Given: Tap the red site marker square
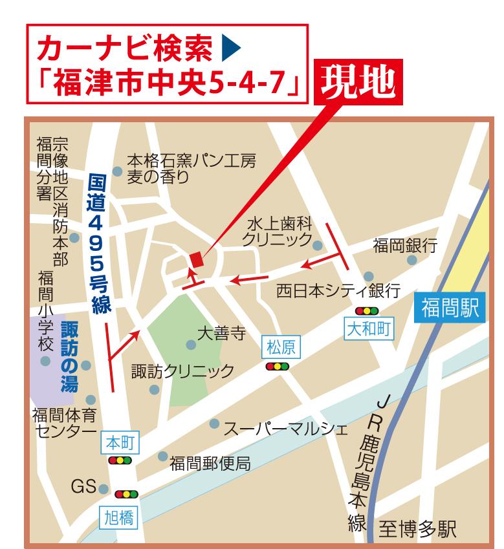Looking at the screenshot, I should tap(195, 259).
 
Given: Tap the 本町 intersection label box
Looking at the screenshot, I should tap(120, 444).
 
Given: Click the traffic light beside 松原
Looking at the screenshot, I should tap(277, 367).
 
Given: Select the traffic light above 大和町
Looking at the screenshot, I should tap(367, 311).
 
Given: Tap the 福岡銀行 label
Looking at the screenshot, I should tap(405, 246).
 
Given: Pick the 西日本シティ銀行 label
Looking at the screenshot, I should tap(337, 289).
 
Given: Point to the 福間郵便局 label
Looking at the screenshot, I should tap(210, 462).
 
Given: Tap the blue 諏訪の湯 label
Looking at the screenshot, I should tap(68, 358).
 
